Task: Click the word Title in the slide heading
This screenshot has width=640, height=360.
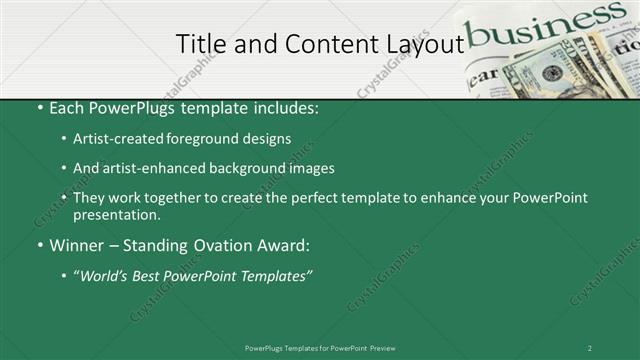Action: (199, 43)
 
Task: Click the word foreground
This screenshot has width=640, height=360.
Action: (206, 139)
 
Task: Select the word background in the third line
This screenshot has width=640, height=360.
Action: (251, 168)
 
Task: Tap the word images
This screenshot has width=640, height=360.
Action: (313, 168)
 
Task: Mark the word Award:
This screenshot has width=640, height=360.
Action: (286, 245)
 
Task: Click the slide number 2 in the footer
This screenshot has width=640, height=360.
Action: (589, 347)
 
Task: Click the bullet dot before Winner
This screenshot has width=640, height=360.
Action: (39, 245)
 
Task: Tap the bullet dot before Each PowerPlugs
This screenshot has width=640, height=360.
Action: (39, 108)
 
